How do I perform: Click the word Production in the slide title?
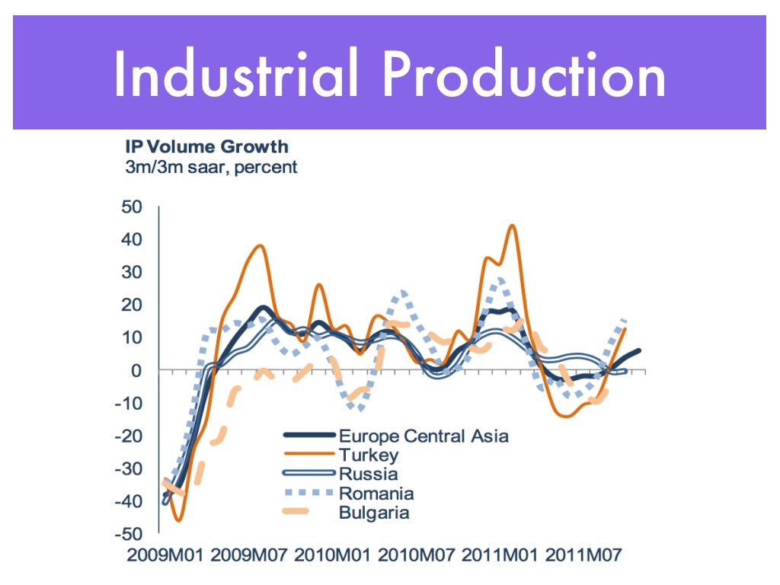click(x=524, y=75)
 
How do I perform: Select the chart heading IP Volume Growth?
click(x=206, y=145)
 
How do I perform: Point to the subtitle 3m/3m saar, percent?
click(x=211, y=167)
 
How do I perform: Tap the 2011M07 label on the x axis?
click(x=583, y=554)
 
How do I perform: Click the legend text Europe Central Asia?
click(x=424, y=436)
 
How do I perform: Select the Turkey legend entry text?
click(x=369, y=456)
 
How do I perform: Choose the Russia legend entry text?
click(x=368, y=474)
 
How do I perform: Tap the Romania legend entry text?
click(x=376, y=493)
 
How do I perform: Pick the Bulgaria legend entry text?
click(x=374, y=512)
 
